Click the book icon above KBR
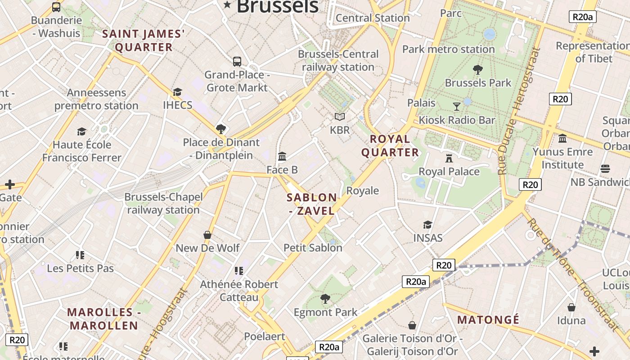pos(340,117)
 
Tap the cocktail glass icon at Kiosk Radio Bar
pos(457,107)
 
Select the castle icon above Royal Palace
pos(449,158)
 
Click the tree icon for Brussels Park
pos(478,70)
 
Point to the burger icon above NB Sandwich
pos(605,169)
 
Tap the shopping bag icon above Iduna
pos(571,307)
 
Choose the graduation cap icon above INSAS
pos(427,225)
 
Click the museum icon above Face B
pos(282,157)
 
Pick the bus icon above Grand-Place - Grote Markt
pos(237,62)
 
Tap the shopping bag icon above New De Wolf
pos(207,235)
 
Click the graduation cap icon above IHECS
pos(177,92)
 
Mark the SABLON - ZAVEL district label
pos(312,204)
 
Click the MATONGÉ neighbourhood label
pos(488,320)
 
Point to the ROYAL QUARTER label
pos(390,145)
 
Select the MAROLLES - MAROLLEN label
pos(103,319)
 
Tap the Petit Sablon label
pos(313,247)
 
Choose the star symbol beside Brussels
pos(227,5)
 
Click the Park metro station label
pos(448,49)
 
